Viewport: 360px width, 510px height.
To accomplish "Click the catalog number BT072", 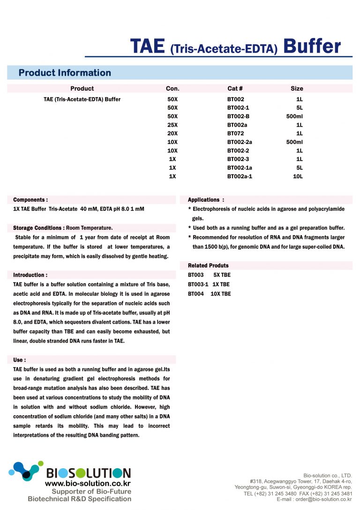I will tap(235, 133).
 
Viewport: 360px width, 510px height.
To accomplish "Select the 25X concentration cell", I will tap(172, 125).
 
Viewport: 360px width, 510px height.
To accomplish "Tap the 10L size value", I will tap(298, 176).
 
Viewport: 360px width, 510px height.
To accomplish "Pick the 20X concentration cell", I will tap(172, 133).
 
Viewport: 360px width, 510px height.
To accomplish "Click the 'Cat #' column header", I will tap(235, 88).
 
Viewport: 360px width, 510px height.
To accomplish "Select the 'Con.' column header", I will tap(172, 88).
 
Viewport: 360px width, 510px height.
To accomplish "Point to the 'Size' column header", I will tap(297, 88).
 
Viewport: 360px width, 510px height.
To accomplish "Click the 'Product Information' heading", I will tap(65, 73).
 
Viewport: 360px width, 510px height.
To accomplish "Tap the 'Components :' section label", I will tap(30, 199).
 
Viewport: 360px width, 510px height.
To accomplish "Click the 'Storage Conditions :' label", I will tap(39, 228).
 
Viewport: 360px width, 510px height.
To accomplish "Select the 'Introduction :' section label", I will tap(30, 275).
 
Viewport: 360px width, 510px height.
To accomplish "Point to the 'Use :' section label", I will tap(20, 360).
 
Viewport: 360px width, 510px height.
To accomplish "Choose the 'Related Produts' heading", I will tap(208, 266).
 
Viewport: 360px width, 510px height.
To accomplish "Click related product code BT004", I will tap(196, 294).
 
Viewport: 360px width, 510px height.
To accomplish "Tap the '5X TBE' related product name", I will tap(222, 275).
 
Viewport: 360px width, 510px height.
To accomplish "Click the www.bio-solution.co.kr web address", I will tap(88, 483).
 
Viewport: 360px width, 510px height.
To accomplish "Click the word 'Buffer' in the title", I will tap(312, 46).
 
